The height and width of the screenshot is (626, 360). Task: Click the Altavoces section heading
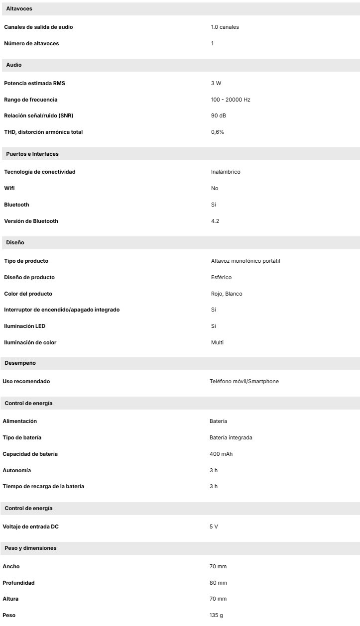pyautogui.click(x=18, y=9)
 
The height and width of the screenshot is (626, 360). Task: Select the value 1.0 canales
pyautogui.click(x=225, y=27)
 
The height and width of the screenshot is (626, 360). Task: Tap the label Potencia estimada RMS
pyautogui.click(x=34, y=83)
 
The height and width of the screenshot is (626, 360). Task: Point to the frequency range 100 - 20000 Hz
pyautogui.click(x=231, y=100)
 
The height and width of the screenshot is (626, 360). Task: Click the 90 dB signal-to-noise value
pyautogui.click(x=219, y=116)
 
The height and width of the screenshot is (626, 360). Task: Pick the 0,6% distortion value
pyautogui.click(x=218, y=132)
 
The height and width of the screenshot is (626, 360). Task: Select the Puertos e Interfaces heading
pyautogui.click(x=32, y=154)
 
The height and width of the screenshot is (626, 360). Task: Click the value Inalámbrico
pyautogui.click(x=226, y=172)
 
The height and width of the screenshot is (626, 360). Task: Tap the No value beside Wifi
pyautogui.click(x=215, y=188)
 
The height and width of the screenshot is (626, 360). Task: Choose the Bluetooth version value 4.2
pyautogui.click(x=215, y=221)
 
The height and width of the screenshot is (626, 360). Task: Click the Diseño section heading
pyautogui.click(x=15, y=242)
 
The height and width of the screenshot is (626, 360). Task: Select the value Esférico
pyautogui.click(x=221, y=277)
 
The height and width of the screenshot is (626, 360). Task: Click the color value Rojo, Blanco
pyautogui.click(x=227, y=294)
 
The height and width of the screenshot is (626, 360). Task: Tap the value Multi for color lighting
pyautogui.click(x=217, y=342)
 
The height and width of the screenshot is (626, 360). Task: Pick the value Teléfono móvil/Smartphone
pyautogui.click(x=244, y=381)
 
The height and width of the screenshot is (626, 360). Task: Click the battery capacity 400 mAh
pyautogui.click(x=221, y=454)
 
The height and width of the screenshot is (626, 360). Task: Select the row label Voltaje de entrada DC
pyautogui.click(x=33, y=526)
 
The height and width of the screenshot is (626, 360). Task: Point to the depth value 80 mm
pyautogui.click(x=218, y=583)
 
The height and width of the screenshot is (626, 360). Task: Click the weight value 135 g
pyautogui.click(x=216, y=615)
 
